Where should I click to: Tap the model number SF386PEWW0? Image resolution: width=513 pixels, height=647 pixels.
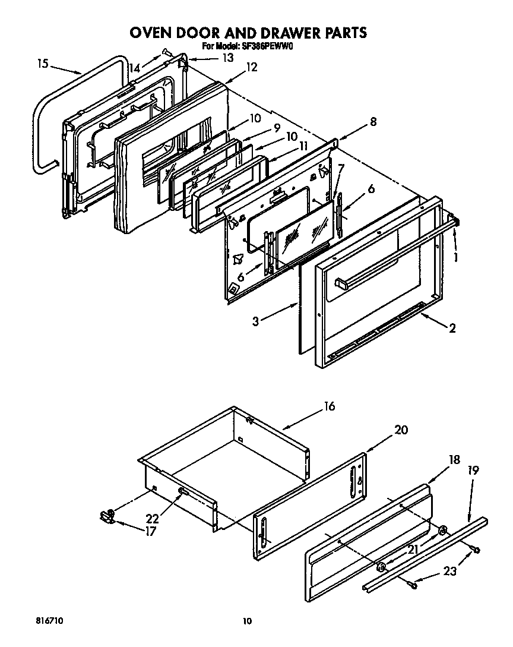[268, 46]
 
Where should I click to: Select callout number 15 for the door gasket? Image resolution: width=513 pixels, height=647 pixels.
[42, 64]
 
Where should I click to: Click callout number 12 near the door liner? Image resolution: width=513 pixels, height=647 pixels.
[251, 67]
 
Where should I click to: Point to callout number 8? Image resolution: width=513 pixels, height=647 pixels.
[372, 122]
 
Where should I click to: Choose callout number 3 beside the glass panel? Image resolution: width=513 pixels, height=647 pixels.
[255, 321]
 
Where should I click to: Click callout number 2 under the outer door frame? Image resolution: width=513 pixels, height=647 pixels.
[452, 327]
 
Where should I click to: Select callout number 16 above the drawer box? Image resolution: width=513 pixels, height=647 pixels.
[329, 406]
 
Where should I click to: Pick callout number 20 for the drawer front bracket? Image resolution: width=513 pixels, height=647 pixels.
[401, 430]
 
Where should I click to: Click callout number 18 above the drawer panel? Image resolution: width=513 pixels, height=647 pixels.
[454, 459]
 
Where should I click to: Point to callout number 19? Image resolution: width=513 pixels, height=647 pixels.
[474, 471]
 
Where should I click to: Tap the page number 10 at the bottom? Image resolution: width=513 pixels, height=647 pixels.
[248, 621]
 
